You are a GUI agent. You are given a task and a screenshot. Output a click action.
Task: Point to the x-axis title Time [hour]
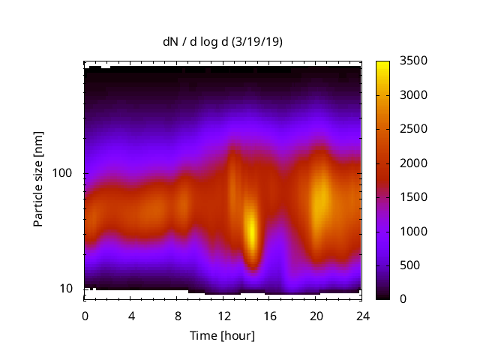tap(222, 335)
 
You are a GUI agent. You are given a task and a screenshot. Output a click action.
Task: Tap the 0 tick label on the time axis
tap(85, 315)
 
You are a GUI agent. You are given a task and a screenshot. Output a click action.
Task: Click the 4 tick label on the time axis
tap(131, 315)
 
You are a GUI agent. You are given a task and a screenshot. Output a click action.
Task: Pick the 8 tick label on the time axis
tap(177, 315)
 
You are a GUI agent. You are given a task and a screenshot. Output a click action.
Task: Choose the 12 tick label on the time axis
tap(223, 315)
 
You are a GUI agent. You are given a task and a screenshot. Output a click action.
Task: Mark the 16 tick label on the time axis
tap(269, 315)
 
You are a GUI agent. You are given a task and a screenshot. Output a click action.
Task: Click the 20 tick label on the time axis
tap(316, 315)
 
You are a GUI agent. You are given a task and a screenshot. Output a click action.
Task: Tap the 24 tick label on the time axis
tap(361, 315)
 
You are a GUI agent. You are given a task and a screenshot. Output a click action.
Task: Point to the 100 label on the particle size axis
tap(62, 173)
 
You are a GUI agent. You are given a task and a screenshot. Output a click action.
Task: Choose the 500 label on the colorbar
tap(409, 265)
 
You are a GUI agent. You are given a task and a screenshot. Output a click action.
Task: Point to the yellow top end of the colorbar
tap(382, 64)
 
